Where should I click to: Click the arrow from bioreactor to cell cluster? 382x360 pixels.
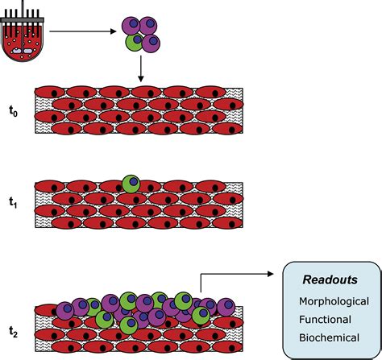click(83, 31)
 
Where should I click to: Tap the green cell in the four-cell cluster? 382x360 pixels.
click(135, 42)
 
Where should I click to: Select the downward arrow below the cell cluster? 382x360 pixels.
click(140, 68)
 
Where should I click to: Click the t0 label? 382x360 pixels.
click(13, 111)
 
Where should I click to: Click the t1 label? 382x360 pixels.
click(13, 203)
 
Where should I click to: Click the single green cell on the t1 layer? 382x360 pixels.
click(131, 184)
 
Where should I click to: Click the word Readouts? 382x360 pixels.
click(330, 279)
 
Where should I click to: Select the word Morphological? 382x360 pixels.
click(334, 301)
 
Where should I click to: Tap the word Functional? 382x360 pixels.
click(325, 320)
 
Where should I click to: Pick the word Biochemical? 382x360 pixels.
click(329, 337)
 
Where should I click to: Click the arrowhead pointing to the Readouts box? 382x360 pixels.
click(270, 274)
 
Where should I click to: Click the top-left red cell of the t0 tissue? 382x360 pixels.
click(50, 92)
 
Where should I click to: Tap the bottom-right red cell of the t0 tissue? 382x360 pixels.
click(228, 129)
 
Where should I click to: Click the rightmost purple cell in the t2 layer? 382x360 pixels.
click(226, 307)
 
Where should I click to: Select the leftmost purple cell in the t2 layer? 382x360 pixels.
click(65, 311)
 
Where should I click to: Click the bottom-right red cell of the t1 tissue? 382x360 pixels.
click(228, 223)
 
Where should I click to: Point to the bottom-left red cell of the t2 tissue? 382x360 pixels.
click(67, 347)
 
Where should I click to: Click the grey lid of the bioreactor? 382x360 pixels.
click(22, 20)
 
